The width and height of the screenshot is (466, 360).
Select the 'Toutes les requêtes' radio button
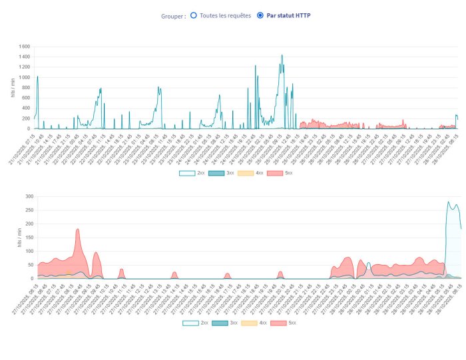(x=193, y=15)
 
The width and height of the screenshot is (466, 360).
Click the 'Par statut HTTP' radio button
(x=260, y=15)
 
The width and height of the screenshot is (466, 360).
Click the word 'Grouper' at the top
(x=172, y=15)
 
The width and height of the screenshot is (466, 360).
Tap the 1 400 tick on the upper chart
(x=24, y=57)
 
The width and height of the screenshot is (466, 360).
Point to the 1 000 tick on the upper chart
(x=24, y=77)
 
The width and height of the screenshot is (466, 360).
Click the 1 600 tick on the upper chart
(x=24, y=47)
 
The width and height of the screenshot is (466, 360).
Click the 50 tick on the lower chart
(x=29, y=265)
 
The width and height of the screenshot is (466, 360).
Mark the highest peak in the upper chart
(x=282, y=55)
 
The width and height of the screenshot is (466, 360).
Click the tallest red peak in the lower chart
(x=78, y=230)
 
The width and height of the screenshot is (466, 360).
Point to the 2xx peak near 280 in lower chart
(x=449, y=202)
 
